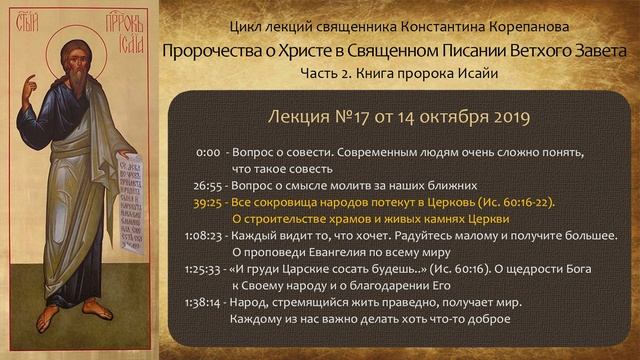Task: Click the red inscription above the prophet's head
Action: click(76, 22)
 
